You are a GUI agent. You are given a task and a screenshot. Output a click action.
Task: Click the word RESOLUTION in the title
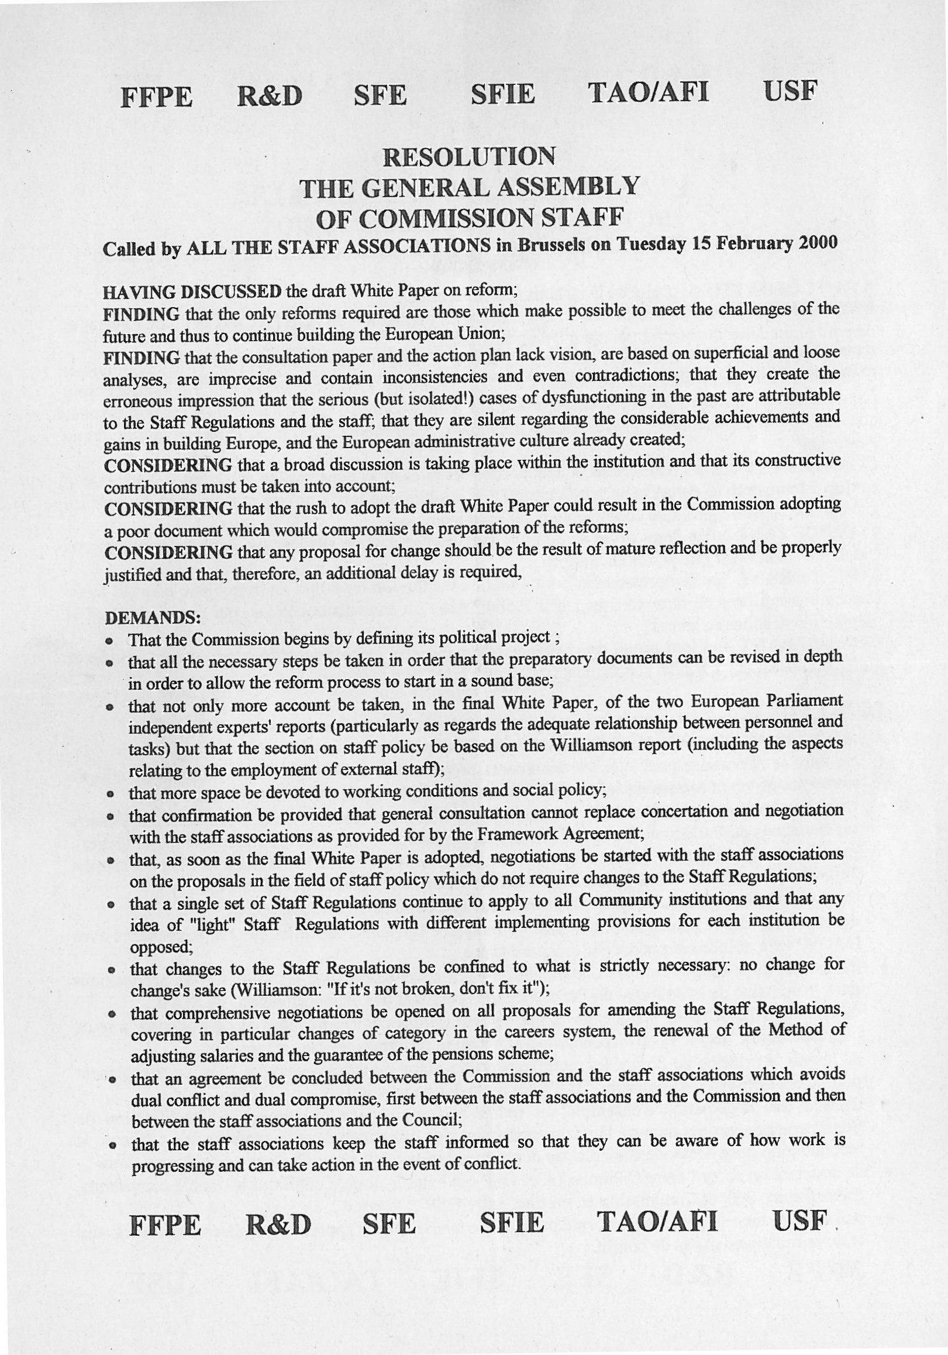pos(469,157)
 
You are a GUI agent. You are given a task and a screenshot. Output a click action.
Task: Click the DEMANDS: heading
pos(153,617)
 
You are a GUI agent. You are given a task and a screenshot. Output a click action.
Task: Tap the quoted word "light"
pos(213,924)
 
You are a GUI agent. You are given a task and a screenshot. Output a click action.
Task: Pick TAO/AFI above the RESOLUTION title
pos(648,92)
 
